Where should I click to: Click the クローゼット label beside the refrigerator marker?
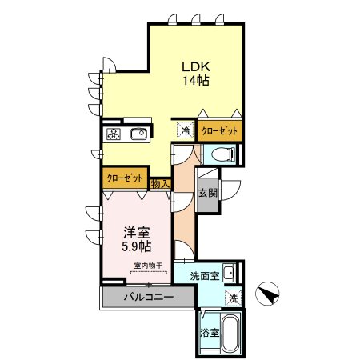click(x=220, y=130)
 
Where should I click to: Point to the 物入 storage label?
click(x=160, y=184)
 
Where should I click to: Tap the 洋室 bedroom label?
click(x=134, y=233)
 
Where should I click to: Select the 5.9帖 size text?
click(x=135, y=247)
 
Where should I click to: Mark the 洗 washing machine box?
click(x=231, y=298)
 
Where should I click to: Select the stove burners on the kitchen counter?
click(x=112, y=134)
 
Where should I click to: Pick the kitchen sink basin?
click(x=137, y=134)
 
